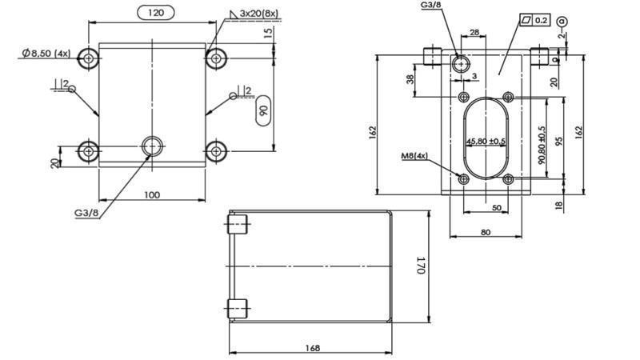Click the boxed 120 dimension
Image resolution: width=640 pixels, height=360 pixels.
(x=161, y=13)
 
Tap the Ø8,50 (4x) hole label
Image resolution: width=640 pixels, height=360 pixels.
(x=46, y=53)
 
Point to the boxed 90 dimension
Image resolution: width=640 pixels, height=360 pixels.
(x=263, y=111)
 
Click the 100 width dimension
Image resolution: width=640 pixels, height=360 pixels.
(x=151, y=194)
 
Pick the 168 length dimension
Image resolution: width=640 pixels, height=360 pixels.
(x=312, y=347)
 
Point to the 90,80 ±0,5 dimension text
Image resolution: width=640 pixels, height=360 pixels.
(x=542, y=145)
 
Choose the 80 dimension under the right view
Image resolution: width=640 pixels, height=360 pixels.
(x=485, y=233)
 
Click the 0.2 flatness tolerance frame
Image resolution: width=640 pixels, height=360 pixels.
(x=534, y=19)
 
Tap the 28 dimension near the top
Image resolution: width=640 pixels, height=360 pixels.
(x=474, y=33)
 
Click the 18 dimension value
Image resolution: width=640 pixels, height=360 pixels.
(x=559, y=205)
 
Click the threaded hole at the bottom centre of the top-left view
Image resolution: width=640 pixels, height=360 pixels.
(x=152, y=146)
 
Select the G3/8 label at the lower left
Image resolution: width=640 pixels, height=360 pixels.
(x=86, y=212)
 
